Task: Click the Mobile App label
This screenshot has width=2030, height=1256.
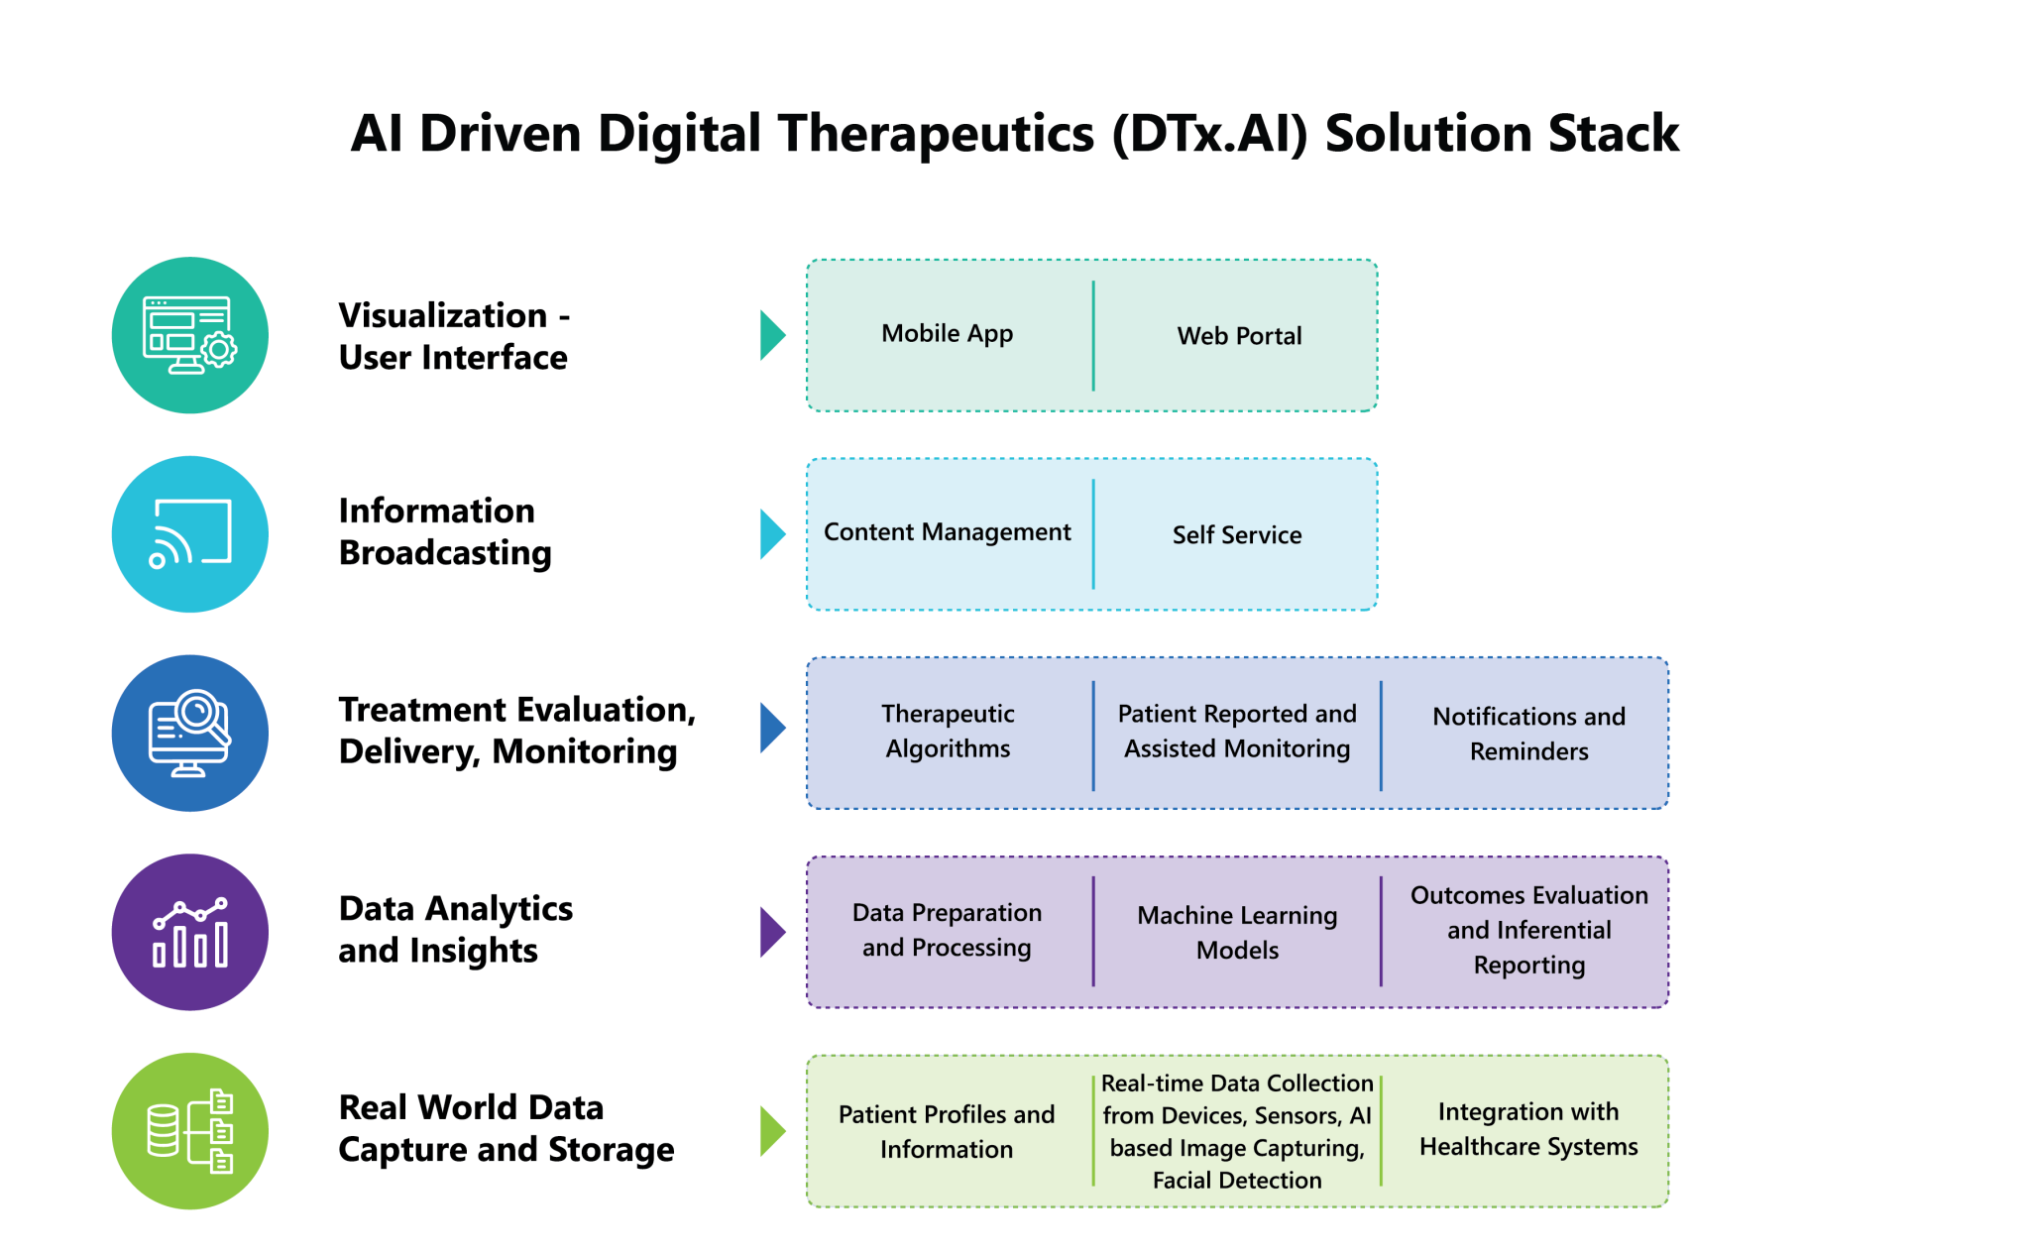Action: tap(947, 334)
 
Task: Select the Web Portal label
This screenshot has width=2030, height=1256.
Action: tap(1239, 336)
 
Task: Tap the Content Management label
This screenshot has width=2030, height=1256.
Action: tap(947, 532)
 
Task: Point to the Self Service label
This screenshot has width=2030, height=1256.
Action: tap(1237, 535)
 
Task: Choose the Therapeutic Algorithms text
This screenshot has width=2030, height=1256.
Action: tap(948, 732)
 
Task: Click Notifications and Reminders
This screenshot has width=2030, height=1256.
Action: tap(1528, 734)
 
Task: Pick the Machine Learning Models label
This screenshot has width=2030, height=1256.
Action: tap(1237, 933)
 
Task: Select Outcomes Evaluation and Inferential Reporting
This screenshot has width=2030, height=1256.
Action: tap(1528, 930)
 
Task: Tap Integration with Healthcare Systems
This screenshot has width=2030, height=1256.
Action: tap(1528, 1129)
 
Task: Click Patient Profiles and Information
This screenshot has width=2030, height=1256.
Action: tap(947, 1132)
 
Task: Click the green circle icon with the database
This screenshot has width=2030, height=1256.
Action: tap(190, 1131)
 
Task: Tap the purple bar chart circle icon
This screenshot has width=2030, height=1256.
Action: tap(190, 932)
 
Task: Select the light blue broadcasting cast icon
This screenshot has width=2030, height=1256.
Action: tap(190, 534)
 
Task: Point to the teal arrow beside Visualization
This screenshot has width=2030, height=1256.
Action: tap(771, 335)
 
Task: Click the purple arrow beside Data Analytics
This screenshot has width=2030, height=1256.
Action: tap(771, 932)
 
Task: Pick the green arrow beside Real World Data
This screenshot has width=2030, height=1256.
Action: tap(771, 1131)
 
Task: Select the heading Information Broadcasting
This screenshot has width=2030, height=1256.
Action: tap(445, 531)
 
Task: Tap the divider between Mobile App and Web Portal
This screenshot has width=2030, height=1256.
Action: tap(1093, 336)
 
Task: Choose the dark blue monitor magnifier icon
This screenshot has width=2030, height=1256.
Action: tap(190, 734)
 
